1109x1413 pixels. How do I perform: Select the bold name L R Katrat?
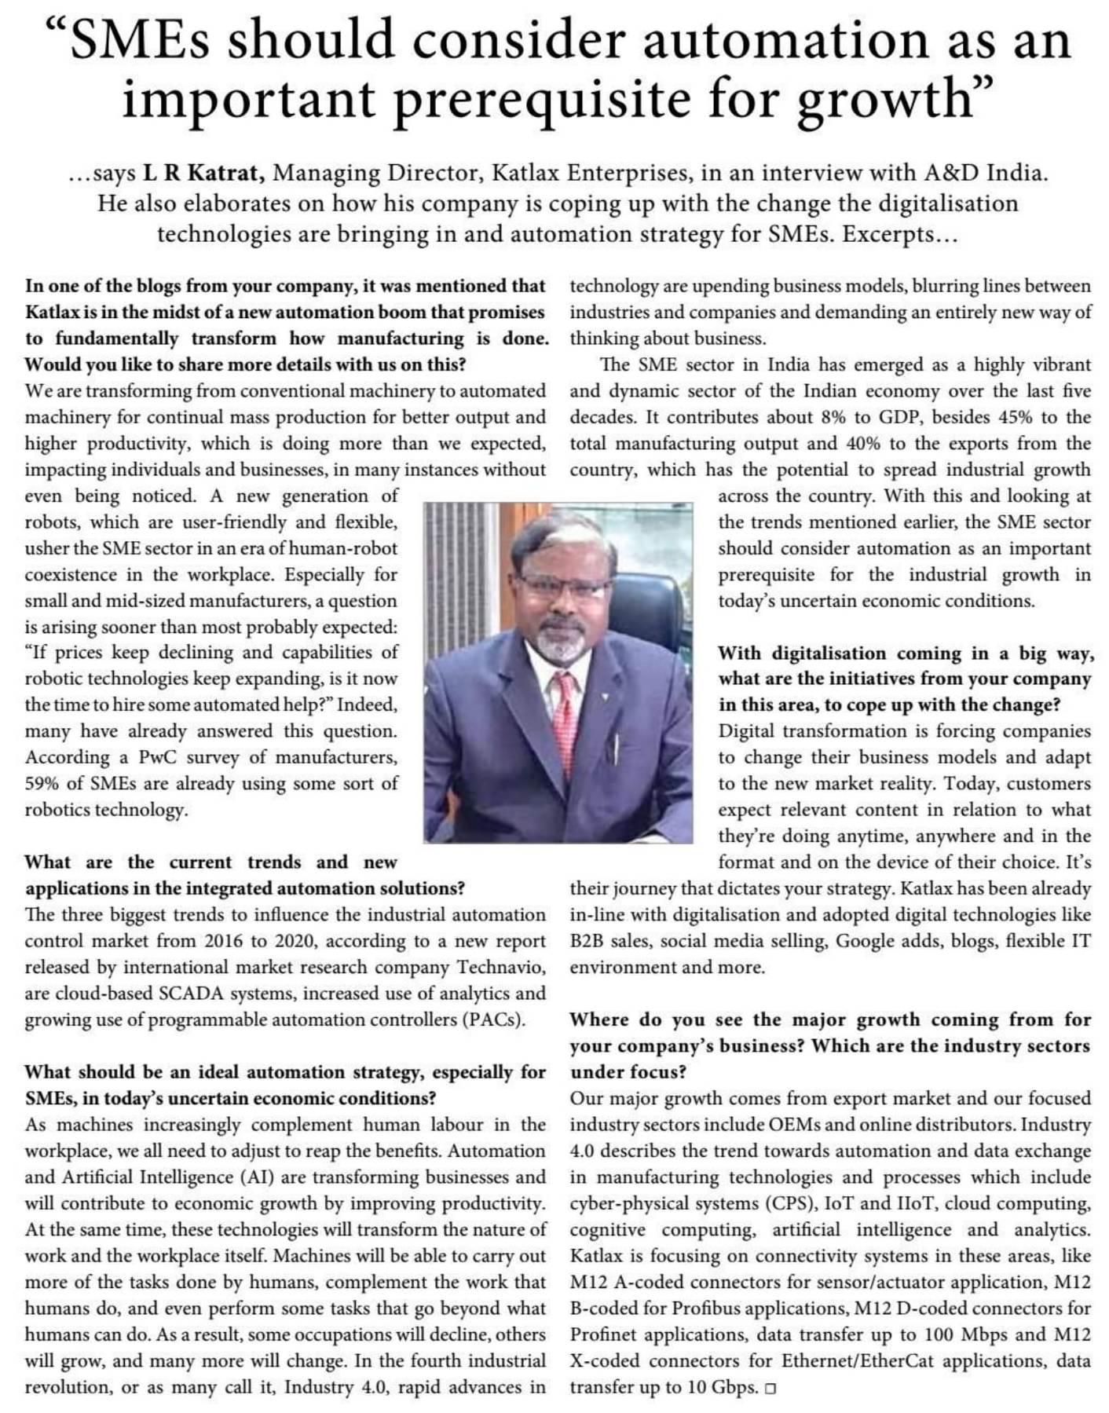[207, 173]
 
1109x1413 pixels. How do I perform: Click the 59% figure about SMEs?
[42, 784]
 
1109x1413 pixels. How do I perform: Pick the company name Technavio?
[501, 968]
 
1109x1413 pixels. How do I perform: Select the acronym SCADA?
[185, 994]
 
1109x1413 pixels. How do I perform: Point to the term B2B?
[587, 941]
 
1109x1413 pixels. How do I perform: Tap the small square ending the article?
[770, 1389]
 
